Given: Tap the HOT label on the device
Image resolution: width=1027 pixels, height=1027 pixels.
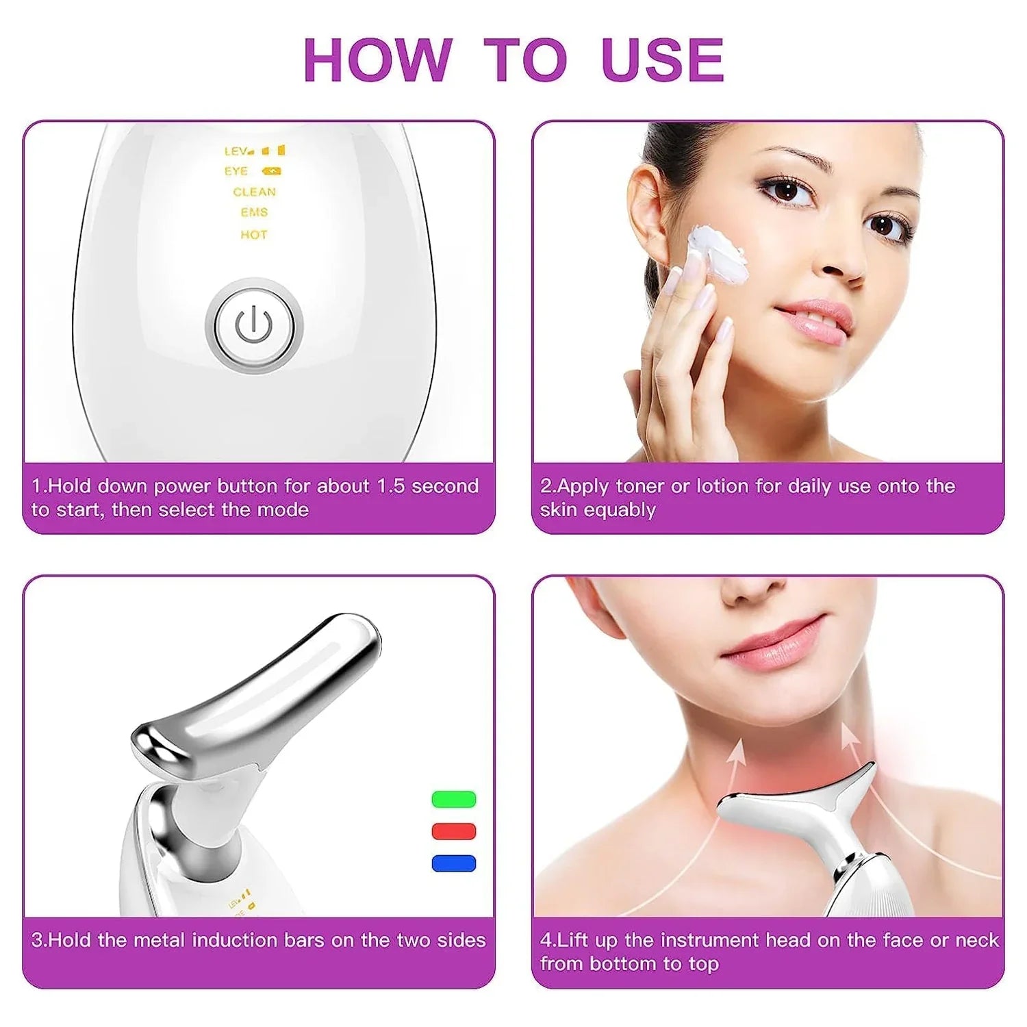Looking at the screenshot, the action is tap(253, 235).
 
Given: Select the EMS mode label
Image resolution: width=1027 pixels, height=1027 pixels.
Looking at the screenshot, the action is tap(254, 213).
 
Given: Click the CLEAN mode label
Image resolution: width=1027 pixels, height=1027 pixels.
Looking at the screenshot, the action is tap(254, 192).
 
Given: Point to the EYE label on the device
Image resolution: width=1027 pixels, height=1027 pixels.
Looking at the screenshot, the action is tap(236, 171).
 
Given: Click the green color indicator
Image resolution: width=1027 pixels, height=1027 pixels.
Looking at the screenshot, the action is tap(454, 799).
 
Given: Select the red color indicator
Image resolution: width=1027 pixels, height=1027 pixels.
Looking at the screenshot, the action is tap(454, 831).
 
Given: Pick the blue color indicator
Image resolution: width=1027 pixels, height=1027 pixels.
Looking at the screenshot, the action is tap(454, 863).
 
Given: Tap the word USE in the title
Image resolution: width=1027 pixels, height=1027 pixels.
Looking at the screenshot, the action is tap(662, 60).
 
